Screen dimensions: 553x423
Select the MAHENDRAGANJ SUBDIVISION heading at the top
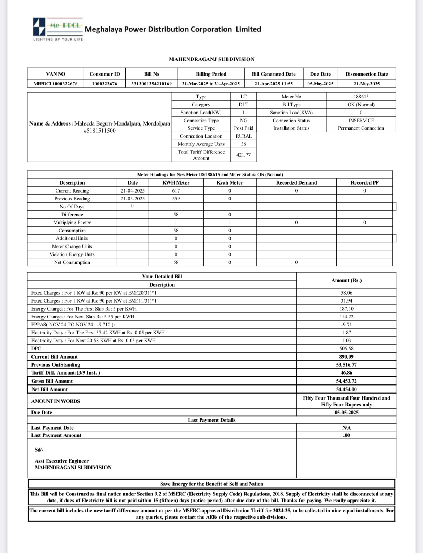[211, 59]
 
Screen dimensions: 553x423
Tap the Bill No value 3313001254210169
[151, 84]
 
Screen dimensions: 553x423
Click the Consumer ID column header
[104, 74]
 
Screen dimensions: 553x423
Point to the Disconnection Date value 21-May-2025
[366, 84]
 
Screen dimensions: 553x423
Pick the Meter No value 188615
[361, 97]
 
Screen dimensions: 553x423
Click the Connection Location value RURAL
[243, 136]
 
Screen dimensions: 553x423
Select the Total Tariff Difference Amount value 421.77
[243, 155]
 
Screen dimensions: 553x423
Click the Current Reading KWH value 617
[176, 191]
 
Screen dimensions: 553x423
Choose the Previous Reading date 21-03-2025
[133, 199]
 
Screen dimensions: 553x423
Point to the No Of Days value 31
[133, 207]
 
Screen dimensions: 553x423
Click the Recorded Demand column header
[296, 183]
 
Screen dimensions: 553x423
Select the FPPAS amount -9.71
[346, 325]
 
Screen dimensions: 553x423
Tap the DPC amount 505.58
[346, 349]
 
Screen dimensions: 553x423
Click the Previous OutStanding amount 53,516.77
[346, 365]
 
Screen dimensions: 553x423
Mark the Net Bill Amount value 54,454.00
[346, 389]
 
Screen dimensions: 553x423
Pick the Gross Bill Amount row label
[52, 381]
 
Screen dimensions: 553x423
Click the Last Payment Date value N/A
[346, 428]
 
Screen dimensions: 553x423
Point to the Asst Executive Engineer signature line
[61, 461]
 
